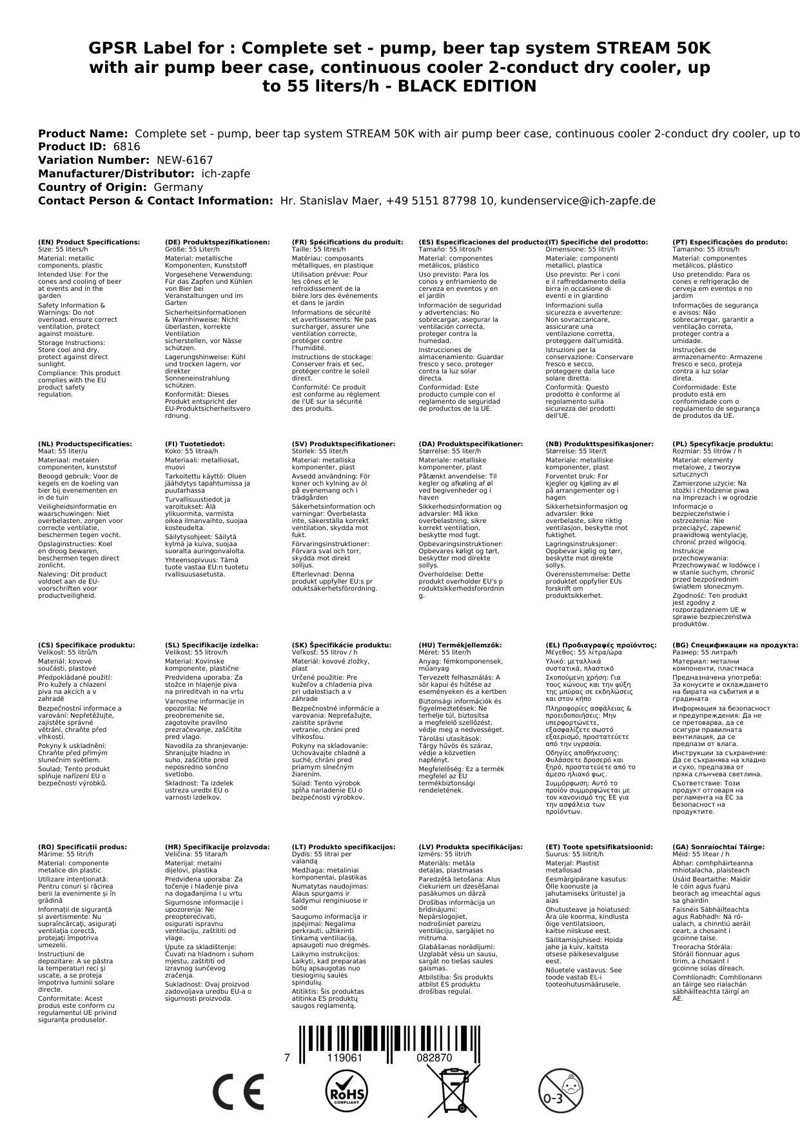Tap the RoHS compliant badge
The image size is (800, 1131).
click(x=346, y=1091)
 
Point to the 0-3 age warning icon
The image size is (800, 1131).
click(x=559, y=1090)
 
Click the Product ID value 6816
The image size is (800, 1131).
click(x=126, y=146)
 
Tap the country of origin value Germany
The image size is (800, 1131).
click(x=178, y=187)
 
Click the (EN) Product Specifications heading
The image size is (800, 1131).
click(x=89, y=242)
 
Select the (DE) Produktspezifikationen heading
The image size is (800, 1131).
click(x=217, y=242)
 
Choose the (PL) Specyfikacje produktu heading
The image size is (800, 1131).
click(x=722, y=444)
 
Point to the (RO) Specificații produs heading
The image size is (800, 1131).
click(x=83, y=847)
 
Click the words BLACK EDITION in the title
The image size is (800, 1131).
click(x=467, y=86)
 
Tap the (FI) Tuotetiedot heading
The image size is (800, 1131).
click(x=195, y=444)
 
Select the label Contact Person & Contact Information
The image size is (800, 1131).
click(x=155, y=201)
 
